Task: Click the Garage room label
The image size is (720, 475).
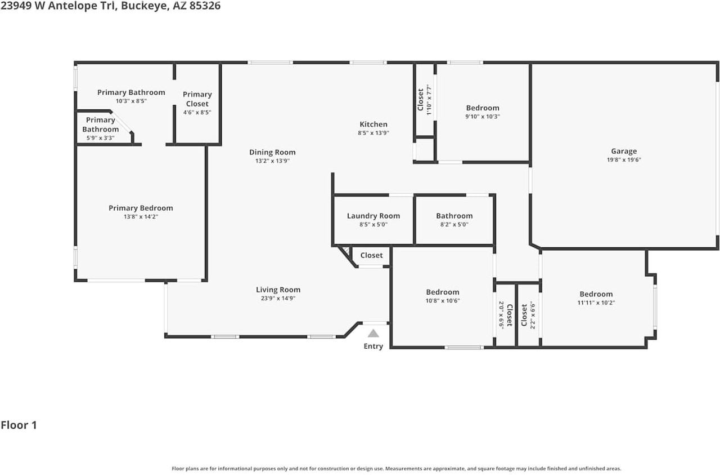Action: [x=624, y=151]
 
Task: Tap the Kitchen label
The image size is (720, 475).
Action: [x=373, y=124]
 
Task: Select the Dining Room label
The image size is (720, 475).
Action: [x=272, y=152]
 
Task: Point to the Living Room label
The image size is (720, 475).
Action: [x=278, y=290]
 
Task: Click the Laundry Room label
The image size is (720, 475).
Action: [x=373, y=216]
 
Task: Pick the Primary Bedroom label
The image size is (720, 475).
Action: [x=141, y=208]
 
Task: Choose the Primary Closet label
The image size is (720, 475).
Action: [x=197, y=99]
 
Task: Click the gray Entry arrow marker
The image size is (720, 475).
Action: [x=373, y=333]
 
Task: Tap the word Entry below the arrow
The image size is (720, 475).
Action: [x=373, y=346]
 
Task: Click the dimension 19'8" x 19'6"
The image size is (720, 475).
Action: [x=624, y=159]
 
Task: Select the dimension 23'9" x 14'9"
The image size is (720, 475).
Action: [x=278, y=298]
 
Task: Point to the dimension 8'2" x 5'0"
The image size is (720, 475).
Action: [x=454, y=224]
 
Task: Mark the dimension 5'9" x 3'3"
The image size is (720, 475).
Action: [x=100, y=138]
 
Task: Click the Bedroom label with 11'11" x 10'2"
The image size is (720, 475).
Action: [x=596, y=294]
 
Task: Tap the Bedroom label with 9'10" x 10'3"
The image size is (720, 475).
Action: [x=483, y=108]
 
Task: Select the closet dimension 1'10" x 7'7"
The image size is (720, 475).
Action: [x=429, y=100]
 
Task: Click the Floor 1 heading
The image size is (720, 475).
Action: [x=19, y=425]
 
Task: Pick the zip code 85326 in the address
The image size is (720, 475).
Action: [x=205, y=6]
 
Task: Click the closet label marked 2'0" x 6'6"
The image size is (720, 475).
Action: [x=509, y=315]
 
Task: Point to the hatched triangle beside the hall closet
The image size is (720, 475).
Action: [x=346, y=251]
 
